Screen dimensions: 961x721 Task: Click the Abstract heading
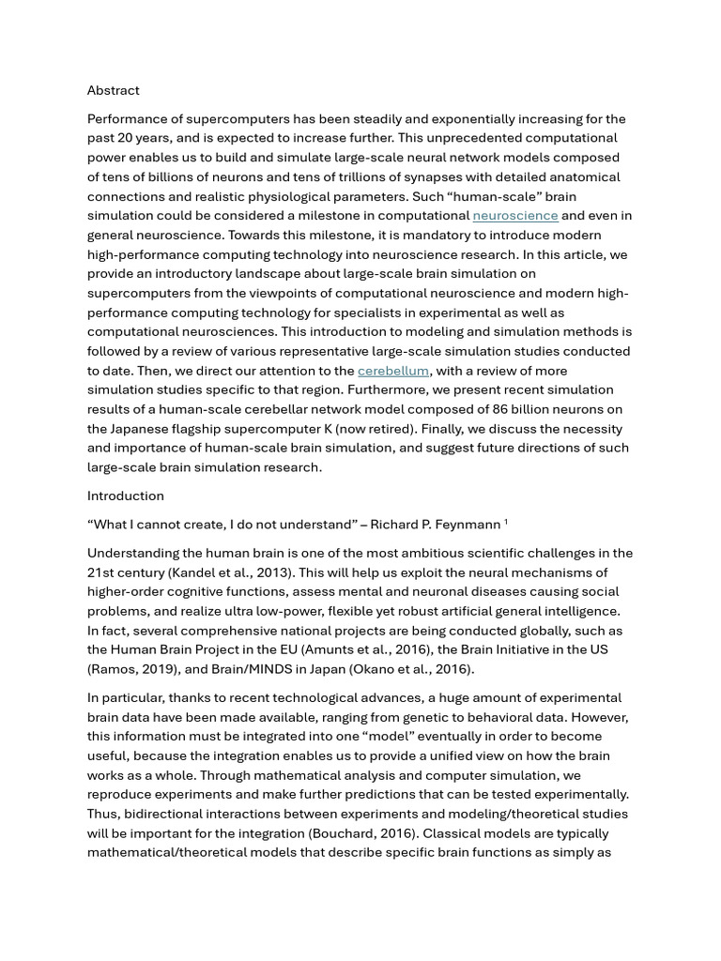coord(113,90)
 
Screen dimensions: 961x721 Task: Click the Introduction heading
coord(125,496)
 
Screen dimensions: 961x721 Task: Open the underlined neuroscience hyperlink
coord(514,216)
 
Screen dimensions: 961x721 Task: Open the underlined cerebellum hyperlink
coord(392,371)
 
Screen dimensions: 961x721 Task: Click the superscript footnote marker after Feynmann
coord(506,522)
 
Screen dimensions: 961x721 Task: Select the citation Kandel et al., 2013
coord(214,572)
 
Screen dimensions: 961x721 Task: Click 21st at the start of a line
coord(100,572)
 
